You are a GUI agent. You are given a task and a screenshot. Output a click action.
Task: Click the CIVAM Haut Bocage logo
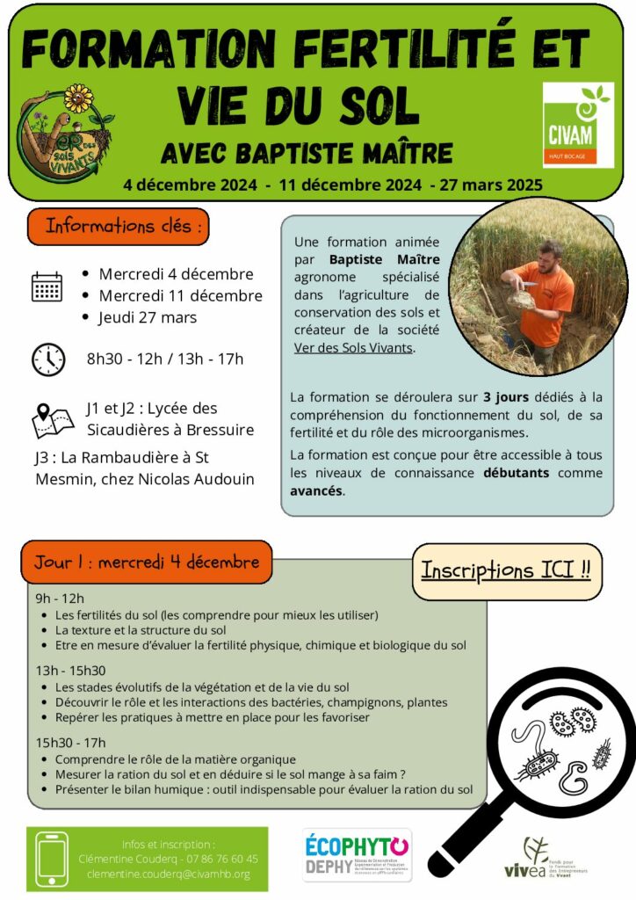pyautogui.click(x=577, y=125)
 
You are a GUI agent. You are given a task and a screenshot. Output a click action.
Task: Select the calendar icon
pyautogui.click(x=47, y=287)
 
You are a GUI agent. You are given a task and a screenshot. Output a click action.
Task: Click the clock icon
pyautogui.click(x=48, y=359)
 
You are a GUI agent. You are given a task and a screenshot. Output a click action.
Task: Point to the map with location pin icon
pyautogui.click(x=53, y=420)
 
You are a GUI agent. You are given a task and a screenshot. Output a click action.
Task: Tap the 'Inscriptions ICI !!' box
pyautogui.click(x=505, y=570)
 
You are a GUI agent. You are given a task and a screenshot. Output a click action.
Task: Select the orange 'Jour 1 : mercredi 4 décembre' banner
pyautogui.click(x=147, y=562)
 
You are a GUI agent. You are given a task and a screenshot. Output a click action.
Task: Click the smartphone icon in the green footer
pyautogui.click(x=52, y=859)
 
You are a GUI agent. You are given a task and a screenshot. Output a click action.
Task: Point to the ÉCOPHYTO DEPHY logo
pyautogui.click(x=357, y=855)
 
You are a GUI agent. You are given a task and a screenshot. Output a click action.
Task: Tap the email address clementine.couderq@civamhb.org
pyautogui.click(x=169, y=874)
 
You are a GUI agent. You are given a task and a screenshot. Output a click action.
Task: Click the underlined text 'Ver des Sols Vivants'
pyautogui.click(x=353, y=347)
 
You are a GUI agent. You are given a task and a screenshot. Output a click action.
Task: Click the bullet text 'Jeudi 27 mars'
pyautogui.click(x=148, y=317)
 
